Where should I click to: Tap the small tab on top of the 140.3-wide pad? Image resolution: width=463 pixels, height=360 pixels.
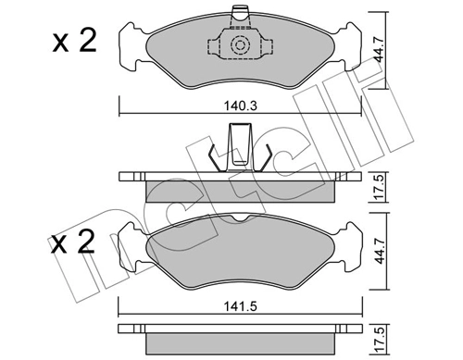coord(240,12)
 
